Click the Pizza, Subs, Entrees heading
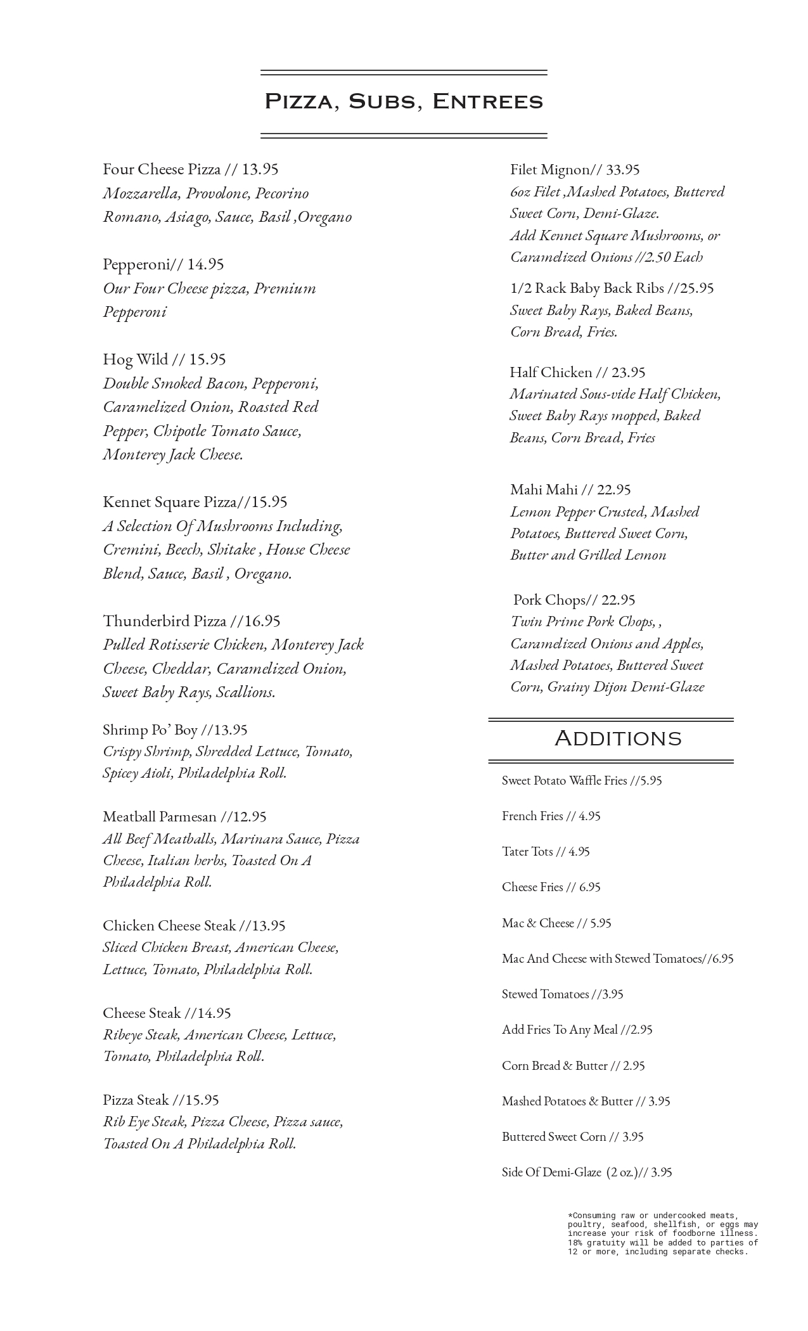pos(404,102)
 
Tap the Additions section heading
pos(618,738)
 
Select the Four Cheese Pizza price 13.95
pos(260,169)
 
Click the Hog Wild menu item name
pos(136,359)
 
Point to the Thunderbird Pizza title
pos(165,620)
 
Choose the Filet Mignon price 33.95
pos(623,170)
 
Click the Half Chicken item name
pos(551,372)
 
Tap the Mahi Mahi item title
pos(544,489)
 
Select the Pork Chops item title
pos(549,600)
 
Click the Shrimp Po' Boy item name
pos(150,730)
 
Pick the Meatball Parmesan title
pos(160,816)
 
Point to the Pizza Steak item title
pos(136,1100)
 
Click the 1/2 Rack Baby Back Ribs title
pos(587,288)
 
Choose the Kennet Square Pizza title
pos(169,502)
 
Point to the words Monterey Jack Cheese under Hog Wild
pos(173,455)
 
